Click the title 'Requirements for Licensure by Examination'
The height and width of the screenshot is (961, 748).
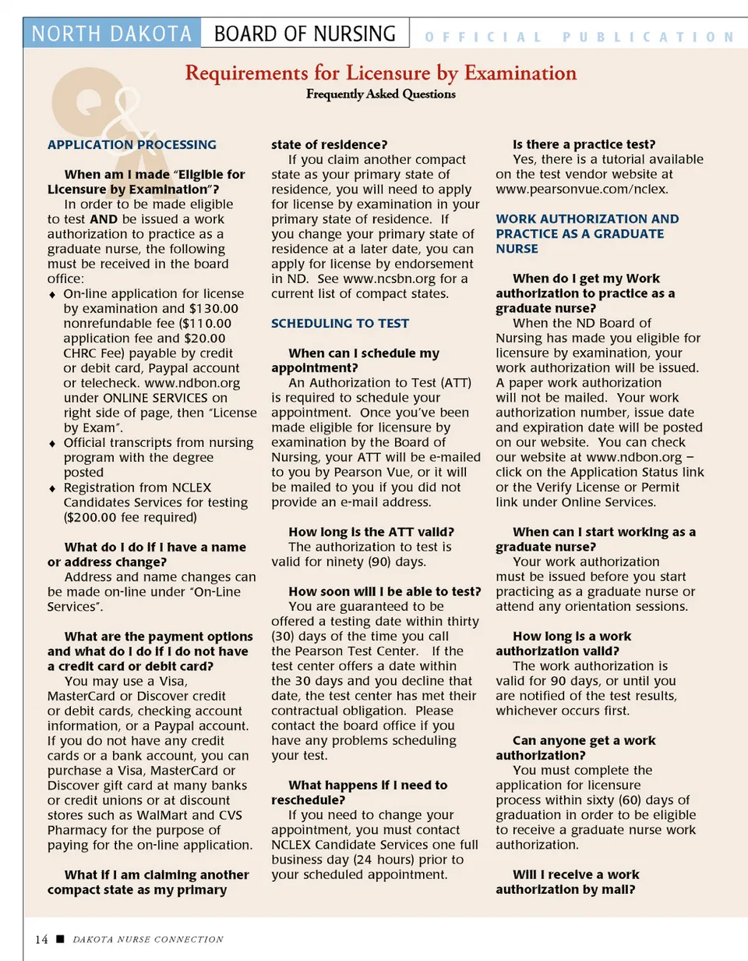tap(380, 73)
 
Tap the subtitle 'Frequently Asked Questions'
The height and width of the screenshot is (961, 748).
tap(380, 94)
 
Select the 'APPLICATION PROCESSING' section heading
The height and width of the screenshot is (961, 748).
tap(132, 144)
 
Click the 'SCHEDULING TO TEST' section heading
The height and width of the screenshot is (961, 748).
tap(340, 324)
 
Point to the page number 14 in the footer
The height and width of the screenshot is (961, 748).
tap(41, 939)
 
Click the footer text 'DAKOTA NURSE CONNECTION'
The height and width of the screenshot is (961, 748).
tap(148, 940)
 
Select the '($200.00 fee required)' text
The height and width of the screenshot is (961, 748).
tap(130, 517)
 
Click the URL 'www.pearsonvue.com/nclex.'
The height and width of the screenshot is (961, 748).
tap(582, 190)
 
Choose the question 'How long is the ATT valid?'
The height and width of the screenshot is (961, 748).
tap(371, 532)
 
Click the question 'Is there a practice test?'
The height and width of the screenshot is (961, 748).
tap(584, 144)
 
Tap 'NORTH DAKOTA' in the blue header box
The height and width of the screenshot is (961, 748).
tap(112, 34)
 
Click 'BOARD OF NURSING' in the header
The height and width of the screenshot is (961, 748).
tap(305, 34)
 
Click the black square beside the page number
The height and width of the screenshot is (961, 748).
tap(60, 939)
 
